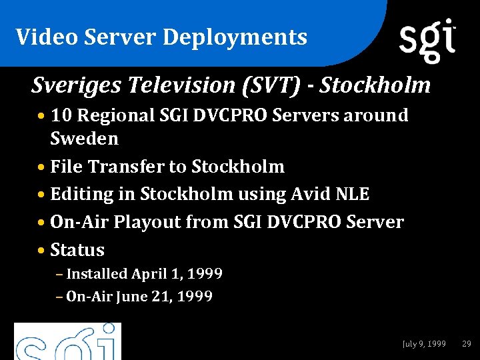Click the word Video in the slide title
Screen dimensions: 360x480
click(38, 37)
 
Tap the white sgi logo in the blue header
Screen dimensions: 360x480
click(427, 39)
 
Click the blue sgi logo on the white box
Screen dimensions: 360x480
click(67, 343)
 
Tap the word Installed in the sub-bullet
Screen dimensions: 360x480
click(97, 274)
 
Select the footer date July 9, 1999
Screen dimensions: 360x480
click(424, 344)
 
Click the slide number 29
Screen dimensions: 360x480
click(467, 344)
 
